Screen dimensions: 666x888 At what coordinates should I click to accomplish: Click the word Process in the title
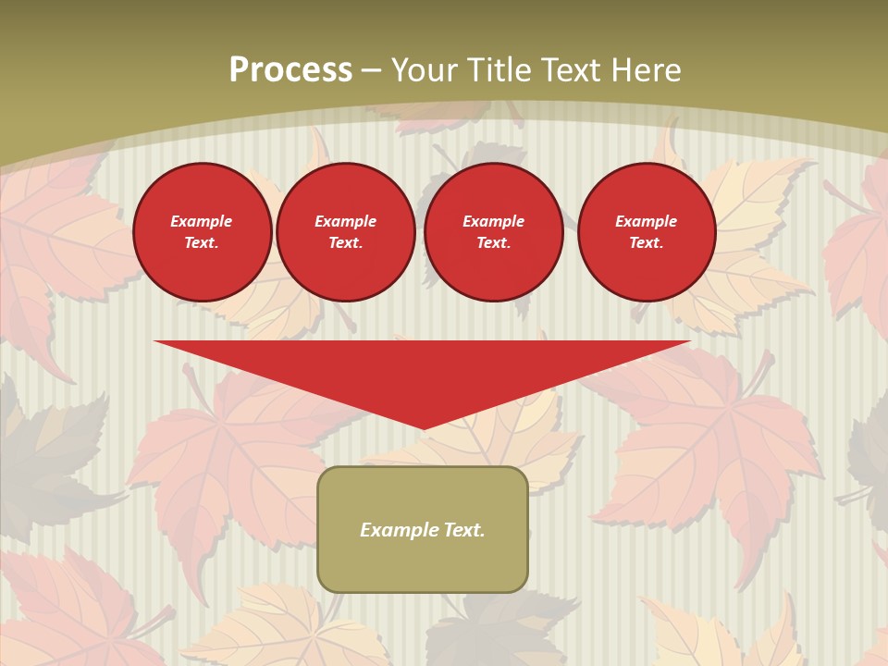[290, 70]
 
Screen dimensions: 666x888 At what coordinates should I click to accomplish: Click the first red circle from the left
[203, 232]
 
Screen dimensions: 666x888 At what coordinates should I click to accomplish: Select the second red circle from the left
[346, 232]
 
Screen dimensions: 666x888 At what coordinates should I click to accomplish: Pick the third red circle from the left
[494, 232]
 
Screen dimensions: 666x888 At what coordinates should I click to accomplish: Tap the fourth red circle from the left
[647, 232]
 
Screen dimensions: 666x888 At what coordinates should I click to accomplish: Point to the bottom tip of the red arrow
[424, 427]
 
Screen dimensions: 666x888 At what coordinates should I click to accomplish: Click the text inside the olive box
[423, 530]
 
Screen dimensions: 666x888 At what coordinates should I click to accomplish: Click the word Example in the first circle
[202, 221]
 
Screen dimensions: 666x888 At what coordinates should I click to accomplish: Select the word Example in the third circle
[494, 221]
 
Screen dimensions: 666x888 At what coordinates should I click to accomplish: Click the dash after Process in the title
[372, 70]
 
